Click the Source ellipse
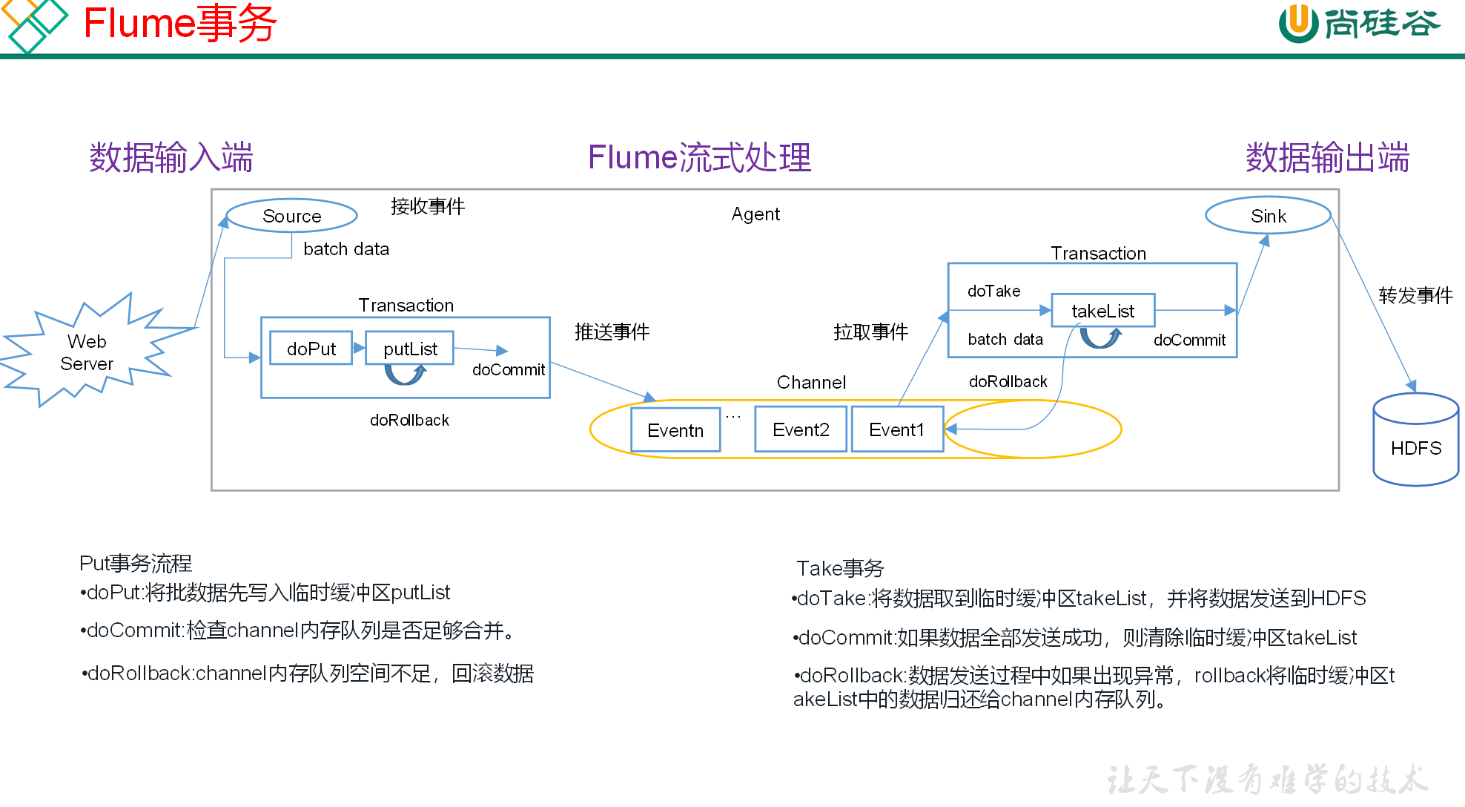(x=291, y=216)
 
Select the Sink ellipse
(x=1268, y=216)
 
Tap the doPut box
(x=311, y=349)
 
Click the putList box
(x=410, y=349)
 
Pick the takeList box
(x=1102, y=311)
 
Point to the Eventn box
(x=675, y=430)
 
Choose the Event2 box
(x=801, y=429)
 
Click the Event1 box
(x=897, y=429)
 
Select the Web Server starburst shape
(x=87, y=352)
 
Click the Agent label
(x=755, y=214)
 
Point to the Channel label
(x=811, y=382)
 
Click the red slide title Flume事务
(x=179, y=23)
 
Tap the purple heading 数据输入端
(x=171, y=158)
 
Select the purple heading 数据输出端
(x=1327, y=158)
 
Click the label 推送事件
(x=612, y=332)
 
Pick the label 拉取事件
(x=870, y=332)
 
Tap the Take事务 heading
(x=840, y=568)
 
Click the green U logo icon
(x=1298, y=22)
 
